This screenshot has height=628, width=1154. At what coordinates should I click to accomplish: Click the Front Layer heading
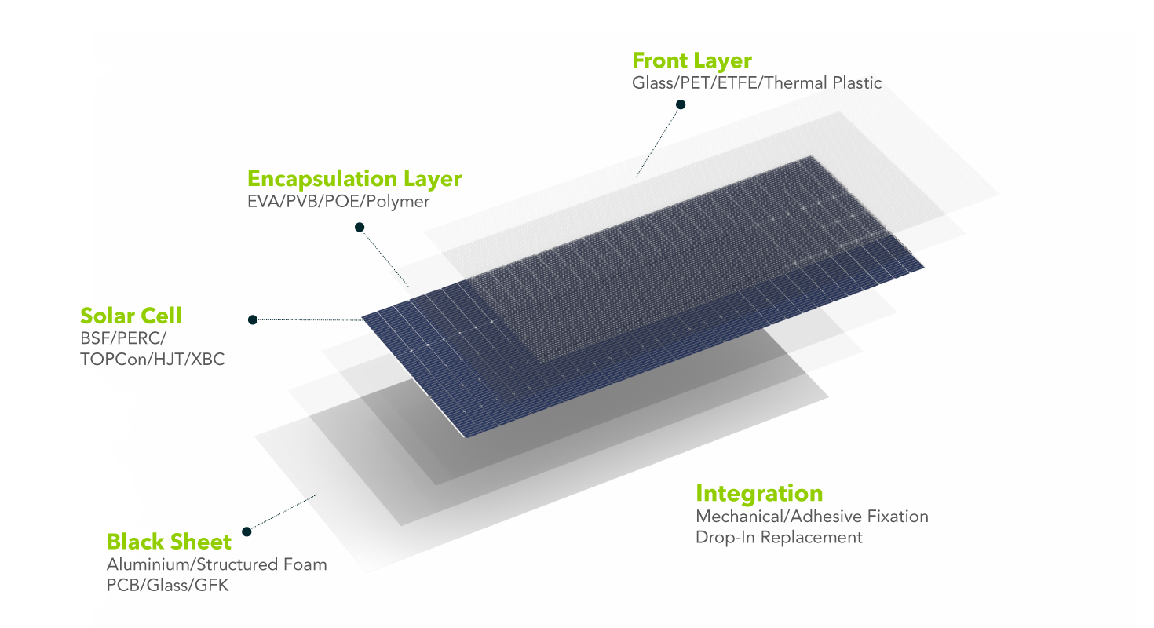coord(692,60)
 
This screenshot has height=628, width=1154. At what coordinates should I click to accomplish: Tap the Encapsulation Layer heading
coord(354,179)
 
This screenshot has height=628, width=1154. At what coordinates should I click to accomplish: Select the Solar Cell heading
coord(130,316)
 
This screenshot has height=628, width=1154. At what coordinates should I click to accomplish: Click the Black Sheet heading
coord(169,542)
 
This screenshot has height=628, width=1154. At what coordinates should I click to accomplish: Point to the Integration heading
coord(759,493)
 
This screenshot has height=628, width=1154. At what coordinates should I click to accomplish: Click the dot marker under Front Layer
coord(681,104)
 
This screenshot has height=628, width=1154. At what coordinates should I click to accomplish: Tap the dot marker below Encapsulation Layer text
coord(360,228)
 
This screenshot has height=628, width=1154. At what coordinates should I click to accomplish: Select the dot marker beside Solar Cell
coord(253,319)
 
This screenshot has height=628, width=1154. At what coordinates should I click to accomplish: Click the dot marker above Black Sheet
coord(247,531)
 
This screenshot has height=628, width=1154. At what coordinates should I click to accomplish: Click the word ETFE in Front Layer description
coord(736,82)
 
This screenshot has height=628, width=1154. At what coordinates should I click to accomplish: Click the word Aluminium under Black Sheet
coord(148,564)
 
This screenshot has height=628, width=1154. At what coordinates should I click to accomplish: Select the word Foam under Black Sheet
coord(305,564)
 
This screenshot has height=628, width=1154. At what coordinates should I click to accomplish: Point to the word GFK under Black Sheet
coord(213,585)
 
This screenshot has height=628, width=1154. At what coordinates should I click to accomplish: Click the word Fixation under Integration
coord(898,517)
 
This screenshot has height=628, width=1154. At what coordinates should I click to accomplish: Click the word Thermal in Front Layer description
coord(794,82)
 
